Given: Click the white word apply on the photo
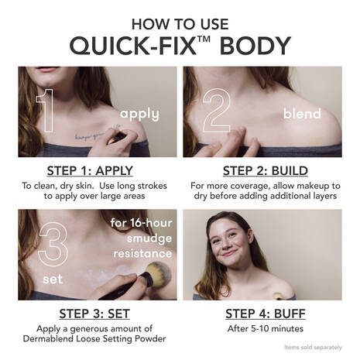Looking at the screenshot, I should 139,115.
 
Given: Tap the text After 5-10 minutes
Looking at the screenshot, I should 267,328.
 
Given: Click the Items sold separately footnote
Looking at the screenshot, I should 314,348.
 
